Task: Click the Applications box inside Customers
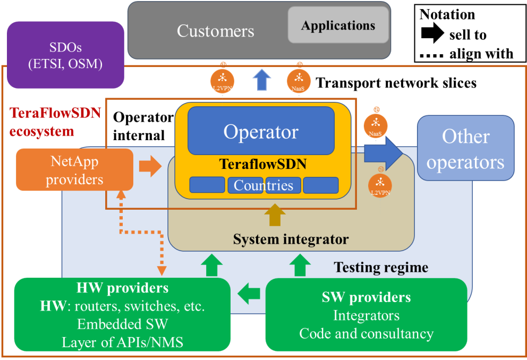coord(338,25)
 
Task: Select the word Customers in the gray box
coord(215,31)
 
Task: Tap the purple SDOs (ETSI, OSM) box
coord(65,55)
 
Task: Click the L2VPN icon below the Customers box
coord(223,81)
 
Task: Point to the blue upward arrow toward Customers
coord(261,80)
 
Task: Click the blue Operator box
coord(261,131)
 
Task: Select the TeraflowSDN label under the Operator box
coord(263,164)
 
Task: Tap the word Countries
coord(263,185)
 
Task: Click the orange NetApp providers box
coord(74,170)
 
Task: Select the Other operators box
coord(465,149)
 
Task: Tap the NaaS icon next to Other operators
coord(376,125)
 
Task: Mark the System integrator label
coord(291,239)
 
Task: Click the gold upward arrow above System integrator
coord(275,215)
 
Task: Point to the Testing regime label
coord(380,267)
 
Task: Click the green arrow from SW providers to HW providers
coord(249,292)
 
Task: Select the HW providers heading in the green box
coord(122,288)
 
